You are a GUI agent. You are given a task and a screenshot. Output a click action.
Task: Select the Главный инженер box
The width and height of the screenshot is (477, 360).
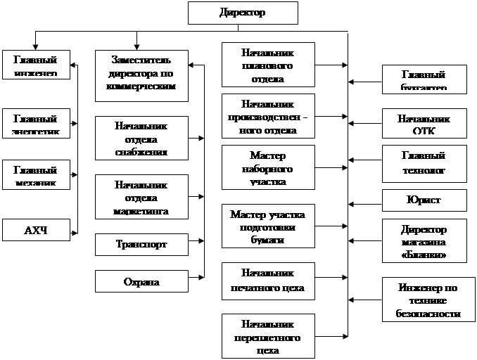(x=35, y=64)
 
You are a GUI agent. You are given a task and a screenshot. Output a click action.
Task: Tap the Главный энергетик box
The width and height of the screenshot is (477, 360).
(x=35, y=122)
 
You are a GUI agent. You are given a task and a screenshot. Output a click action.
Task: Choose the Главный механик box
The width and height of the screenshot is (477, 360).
(x=35, y=176)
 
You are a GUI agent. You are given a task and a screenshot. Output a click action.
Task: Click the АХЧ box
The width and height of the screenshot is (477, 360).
(x=35, y=230)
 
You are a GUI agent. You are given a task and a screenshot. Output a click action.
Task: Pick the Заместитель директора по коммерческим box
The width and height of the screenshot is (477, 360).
(x=141, y=75)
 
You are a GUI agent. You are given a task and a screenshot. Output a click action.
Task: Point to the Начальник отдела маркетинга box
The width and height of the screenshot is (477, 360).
(x=141, y=198)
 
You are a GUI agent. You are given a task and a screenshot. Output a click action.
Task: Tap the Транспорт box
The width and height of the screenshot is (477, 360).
(x=141, y=244)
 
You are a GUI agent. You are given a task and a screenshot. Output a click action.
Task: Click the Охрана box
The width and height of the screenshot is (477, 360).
(x=141, y=282)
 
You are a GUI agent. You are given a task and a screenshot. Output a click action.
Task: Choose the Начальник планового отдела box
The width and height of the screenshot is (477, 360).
(x=267, y=65)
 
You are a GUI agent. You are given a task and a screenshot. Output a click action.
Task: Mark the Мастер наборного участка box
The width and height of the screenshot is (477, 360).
(x=267, y=168)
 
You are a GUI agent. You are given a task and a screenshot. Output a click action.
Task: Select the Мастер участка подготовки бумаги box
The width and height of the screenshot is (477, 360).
(x=267, y=226)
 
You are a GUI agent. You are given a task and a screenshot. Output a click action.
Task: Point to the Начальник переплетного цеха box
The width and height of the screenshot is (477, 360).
(x=267, y=336)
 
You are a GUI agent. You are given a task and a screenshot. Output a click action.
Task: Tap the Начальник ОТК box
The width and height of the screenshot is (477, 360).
(x=424, y=124)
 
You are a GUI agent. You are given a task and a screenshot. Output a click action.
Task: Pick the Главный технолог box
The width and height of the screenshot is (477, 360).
(x=424, y=163)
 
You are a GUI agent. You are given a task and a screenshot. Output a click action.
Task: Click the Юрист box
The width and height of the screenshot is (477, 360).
(x=424, y=200)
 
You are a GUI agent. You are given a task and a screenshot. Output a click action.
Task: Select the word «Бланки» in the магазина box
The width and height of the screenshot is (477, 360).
(x=424, y=254)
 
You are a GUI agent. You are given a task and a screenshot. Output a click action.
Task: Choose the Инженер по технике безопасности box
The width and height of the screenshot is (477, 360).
(x=424, y=300)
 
